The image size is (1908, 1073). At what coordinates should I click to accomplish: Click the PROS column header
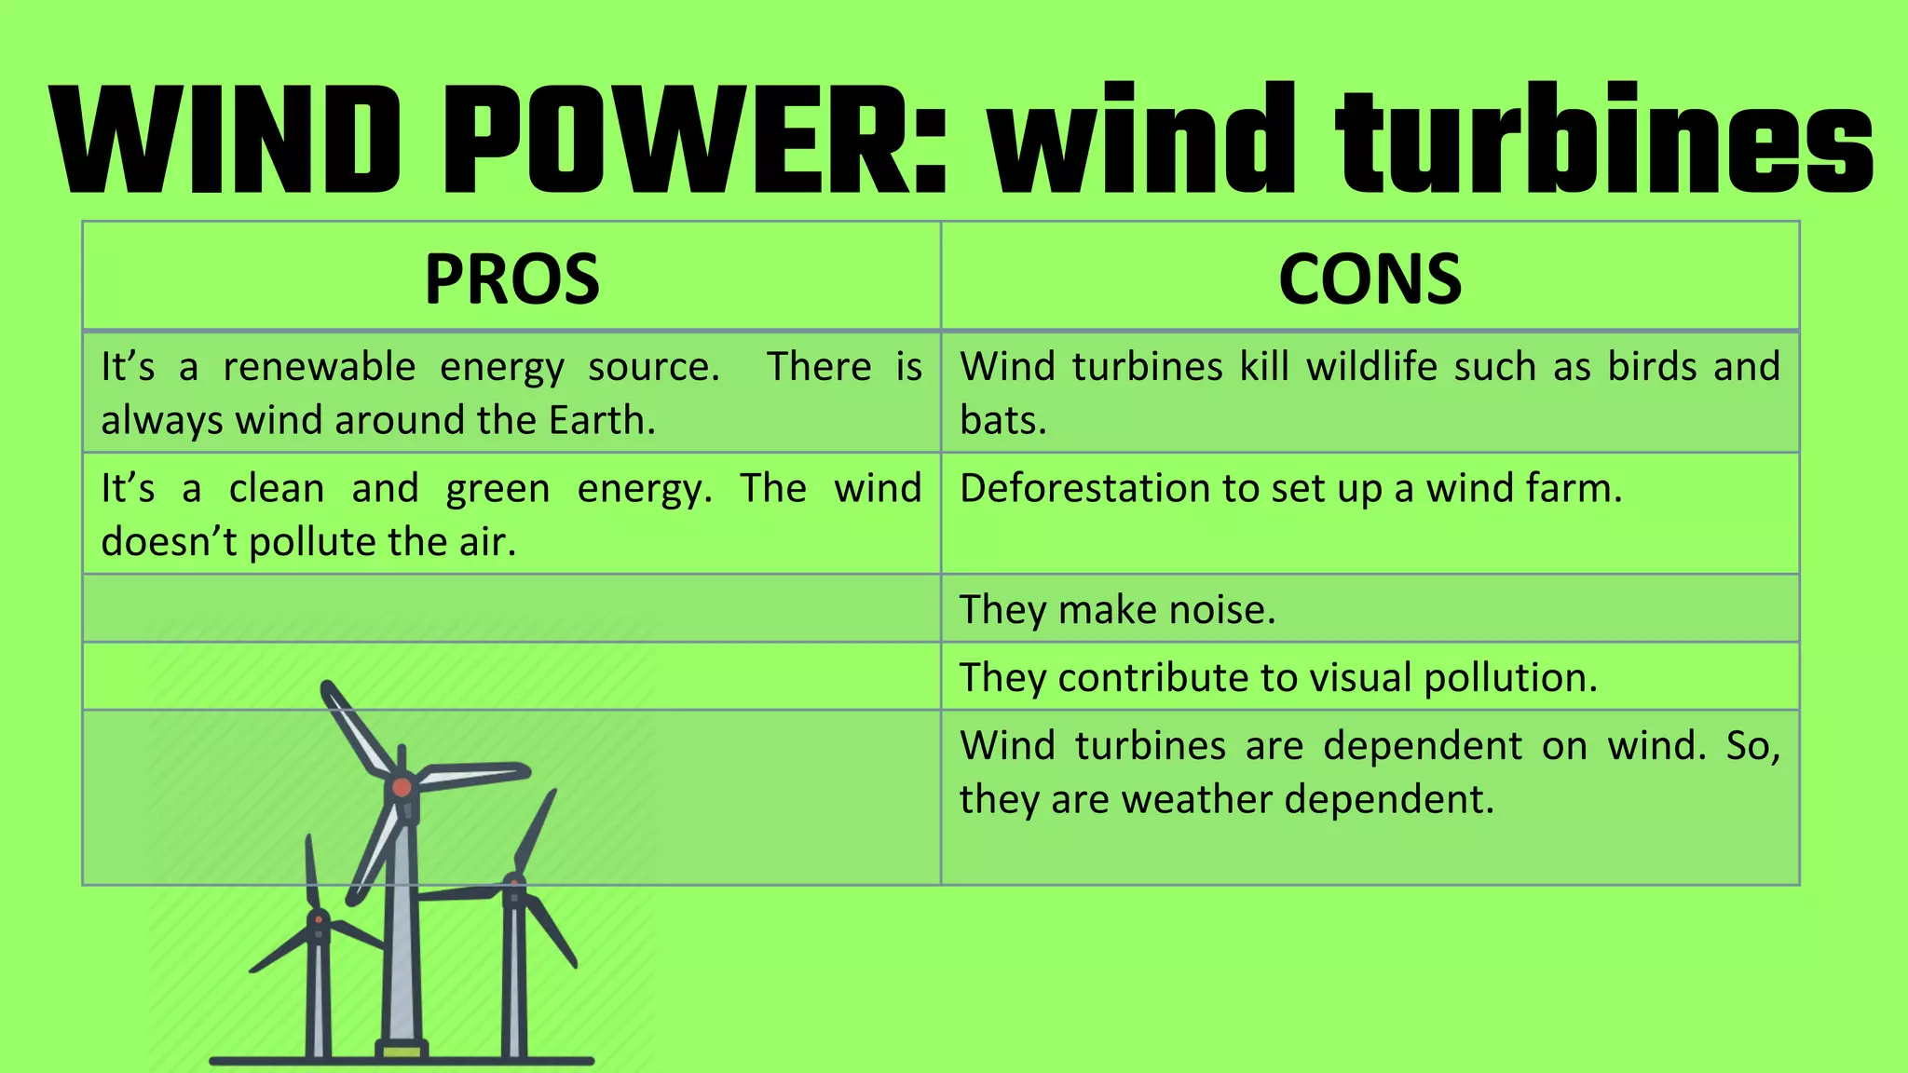[511, 278]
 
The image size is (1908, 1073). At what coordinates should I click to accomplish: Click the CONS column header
[1370, 278]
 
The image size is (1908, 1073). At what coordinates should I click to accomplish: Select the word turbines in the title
[1603, 140]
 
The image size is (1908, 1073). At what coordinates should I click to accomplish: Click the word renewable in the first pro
[319, 367]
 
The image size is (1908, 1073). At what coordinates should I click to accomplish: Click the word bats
[1002, 421]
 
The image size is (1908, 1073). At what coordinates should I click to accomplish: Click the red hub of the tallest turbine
[402, 787]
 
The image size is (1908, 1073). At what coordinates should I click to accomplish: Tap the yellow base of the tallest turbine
[402, 1051]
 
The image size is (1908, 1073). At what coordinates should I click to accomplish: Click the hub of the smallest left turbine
[319, 919]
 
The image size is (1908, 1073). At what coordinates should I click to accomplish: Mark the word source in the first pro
[653, 367]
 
